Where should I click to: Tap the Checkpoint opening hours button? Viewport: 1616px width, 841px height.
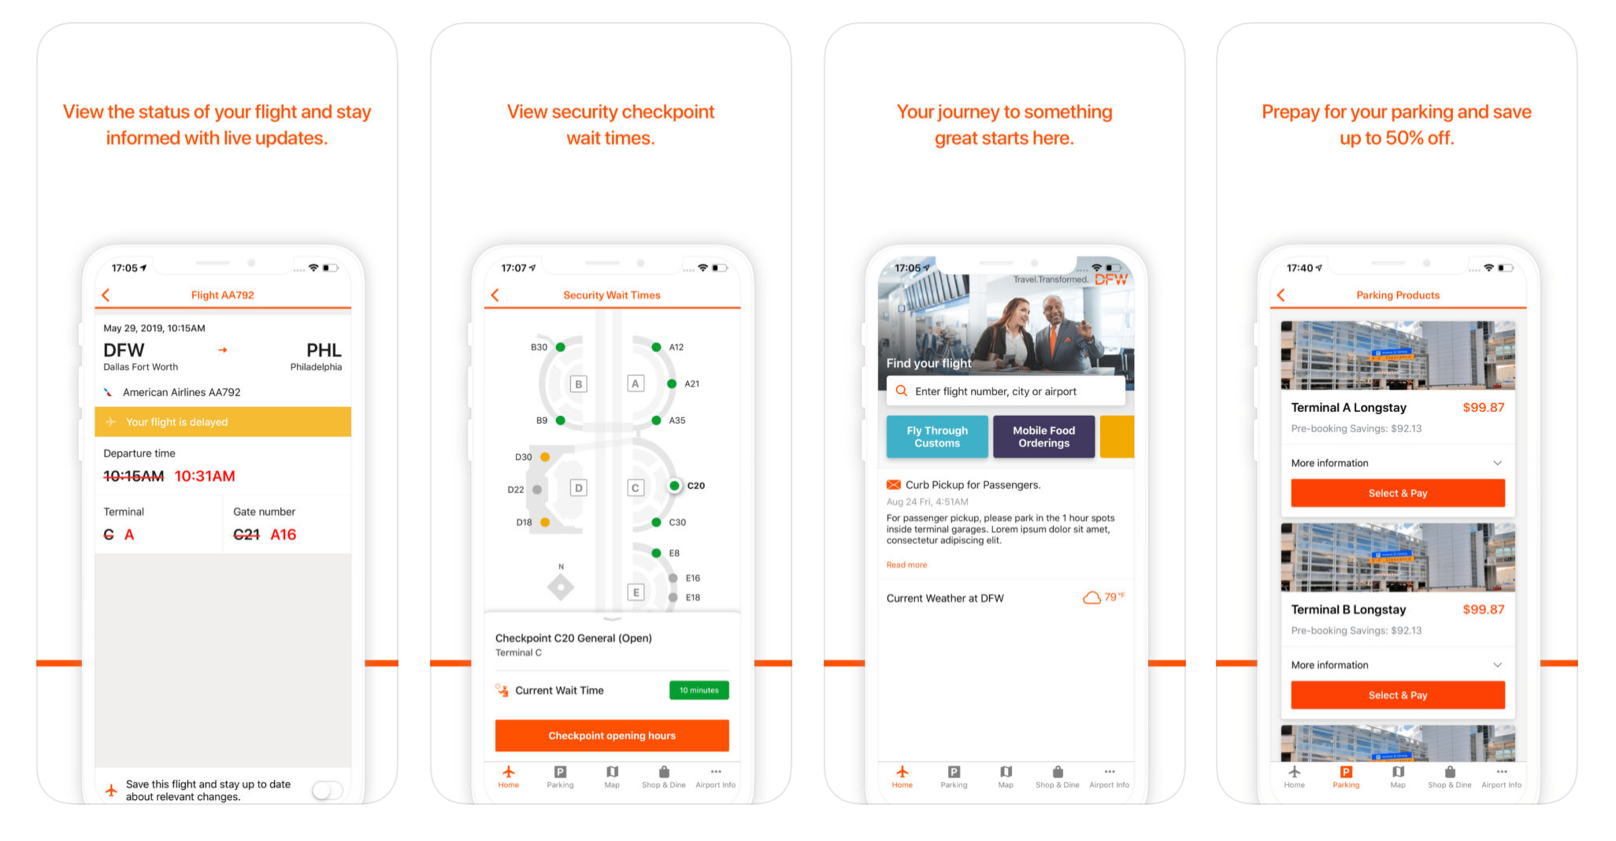click(x=611, y=735)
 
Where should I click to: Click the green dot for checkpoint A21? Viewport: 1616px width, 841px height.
click(x=671, y=384)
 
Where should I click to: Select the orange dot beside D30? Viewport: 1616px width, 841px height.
click(x=545, y=457)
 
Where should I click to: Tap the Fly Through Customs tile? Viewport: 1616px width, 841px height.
click(x=937, y=437)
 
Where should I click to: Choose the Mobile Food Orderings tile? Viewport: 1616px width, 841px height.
click(x=1044, y=437)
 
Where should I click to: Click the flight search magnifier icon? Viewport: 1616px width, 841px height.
click(x=902, y=391)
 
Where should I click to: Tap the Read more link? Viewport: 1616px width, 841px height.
click(x=906, y=565)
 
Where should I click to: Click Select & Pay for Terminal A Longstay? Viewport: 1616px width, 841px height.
click(x=1397, y=493)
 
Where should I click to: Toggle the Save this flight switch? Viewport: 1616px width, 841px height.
click(x=327, y=790)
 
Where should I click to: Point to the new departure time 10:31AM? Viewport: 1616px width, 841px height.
click(x=205, y=476)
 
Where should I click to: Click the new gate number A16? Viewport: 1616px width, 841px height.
click(x=283, y=535)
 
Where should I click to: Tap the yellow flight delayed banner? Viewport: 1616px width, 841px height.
click(x=223, y=422)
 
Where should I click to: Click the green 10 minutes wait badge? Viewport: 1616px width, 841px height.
click(x=699, y=690)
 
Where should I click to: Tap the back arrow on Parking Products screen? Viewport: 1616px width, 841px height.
click(x=1281, y=295)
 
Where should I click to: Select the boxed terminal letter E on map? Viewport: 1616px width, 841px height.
click(x=635, y=592)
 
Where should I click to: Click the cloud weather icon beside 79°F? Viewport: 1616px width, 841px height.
click(x=1091, y=597)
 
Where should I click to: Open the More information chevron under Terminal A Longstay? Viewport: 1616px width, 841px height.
click(x=1497, y=463)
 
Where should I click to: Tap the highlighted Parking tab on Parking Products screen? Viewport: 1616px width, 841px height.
click(x=1345, y=776)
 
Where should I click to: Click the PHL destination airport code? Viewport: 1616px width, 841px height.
click(x=324, y=350)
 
